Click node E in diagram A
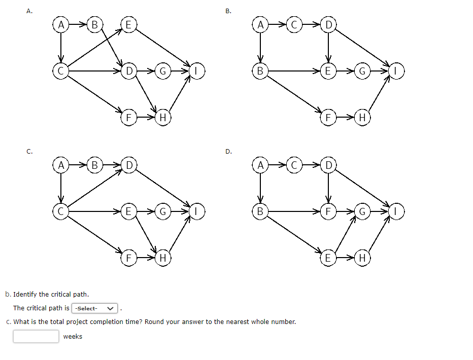[x=128, y=25]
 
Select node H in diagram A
[x=163, y=118]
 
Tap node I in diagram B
[x=396, y=71]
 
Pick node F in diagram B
[x=328, y=118]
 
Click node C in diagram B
[x=294, y=25]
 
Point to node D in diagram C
[x=129, y=165]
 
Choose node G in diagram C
[x=163, y=211]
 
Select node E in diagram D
[x=328, y=258]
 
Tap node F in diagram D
[x=328, y=211]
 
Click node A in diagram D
[x=260, y=165]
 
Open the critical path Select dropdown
[x=94, y=308]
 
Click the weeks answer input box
[x=36, y=336]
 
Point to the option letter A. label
[x=29, y=11]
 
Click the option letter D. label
[x=229, y=152]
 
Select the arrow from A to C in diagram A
[x=61, y=48]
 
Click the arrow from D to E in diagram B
[x=328, y=48]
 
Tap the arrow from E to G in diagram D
[x=346, y=234]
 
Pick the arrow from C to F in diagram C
[x=94, y=235]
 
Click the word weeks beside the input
[x=73, y=337]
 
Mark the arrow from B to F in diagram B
[x=294, y=94]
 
